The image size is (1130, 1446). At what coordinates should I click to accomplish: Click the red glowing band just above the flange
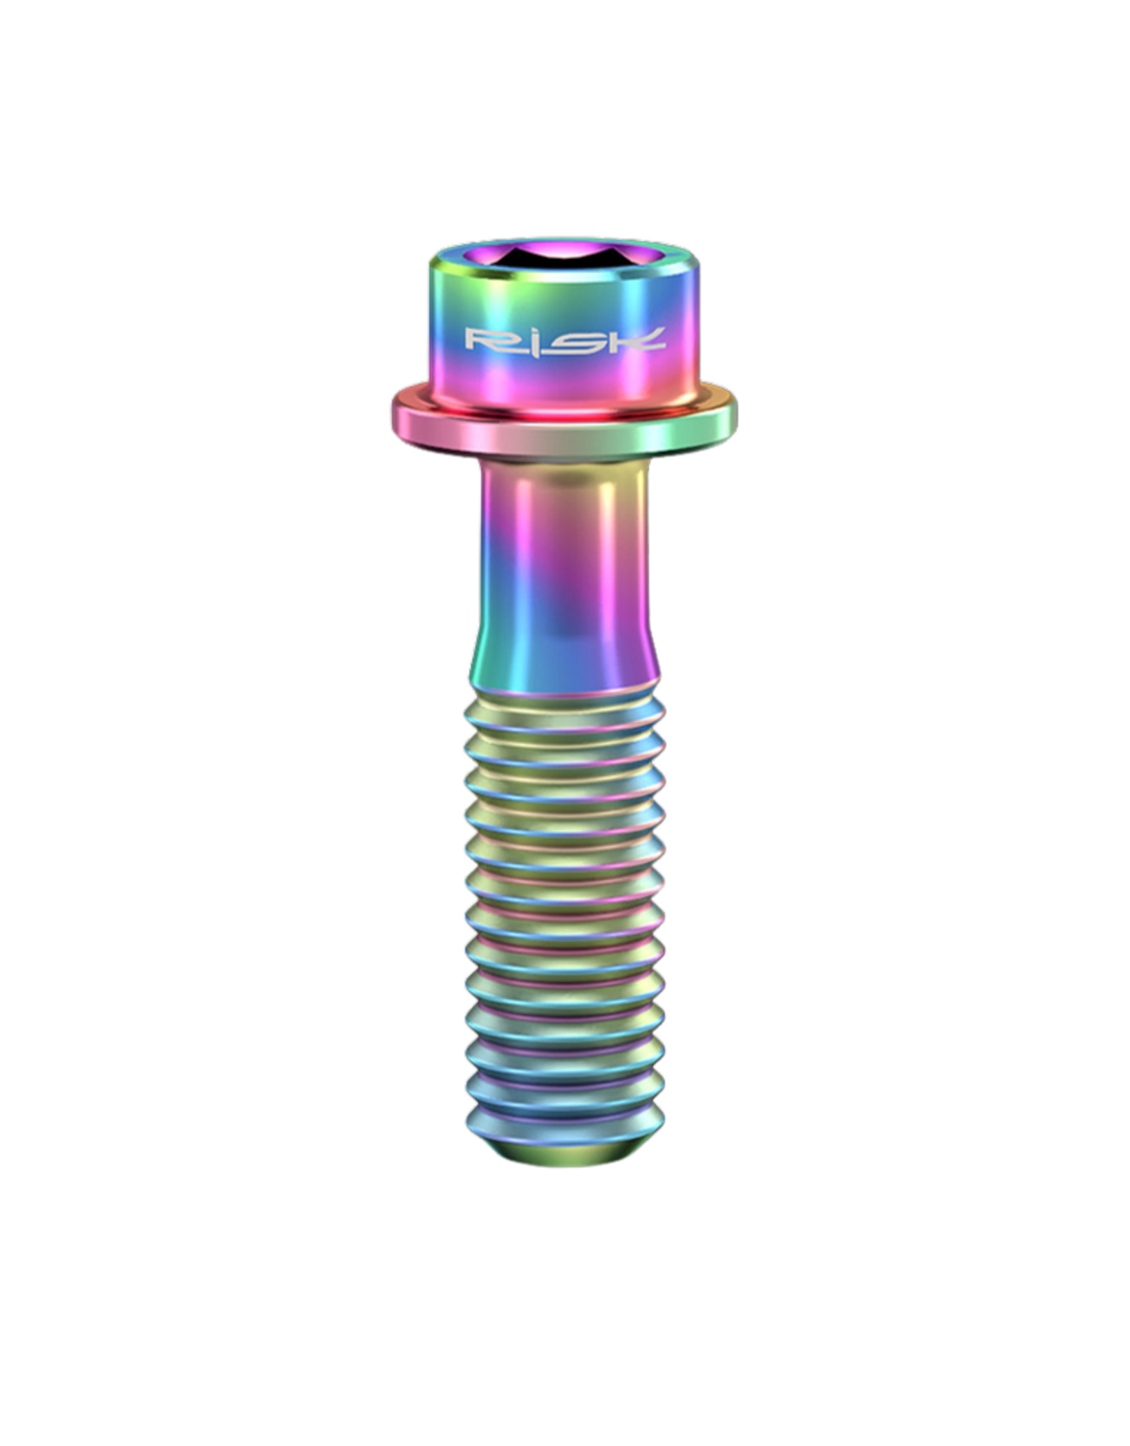coord(565,400)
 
